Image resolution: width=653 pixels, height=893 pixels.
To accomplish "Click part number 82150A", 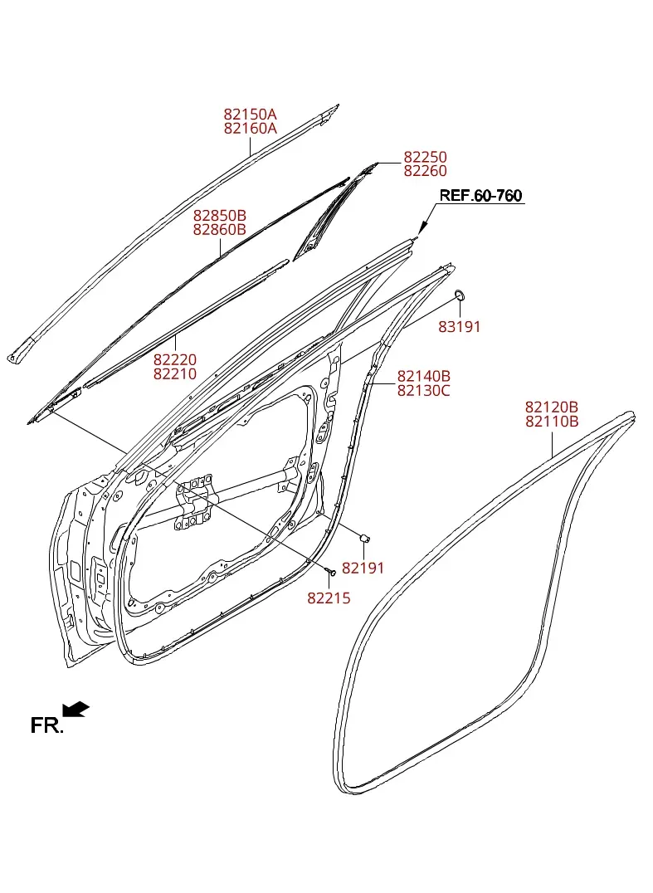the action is pyautogui.click(x=250, y=115).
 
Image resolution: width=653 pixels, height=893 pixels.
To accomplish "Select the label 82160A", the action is pyautogui.click(x=250, y=129).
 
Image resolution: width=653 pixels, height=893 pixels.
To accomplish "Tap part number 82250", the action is pyautogui.click(x=426, y=157).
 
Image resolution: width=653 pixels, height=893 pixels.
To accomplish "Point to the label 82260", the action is pyautogui.click(x=426, y=171).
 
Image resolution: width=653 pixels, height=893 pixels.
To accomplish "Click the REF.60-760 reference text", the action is pyautogui.click(x=480, y=195).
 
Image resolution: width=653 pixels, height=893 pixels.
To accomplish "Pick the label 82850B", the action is pyautogui.click(x=220, y=216).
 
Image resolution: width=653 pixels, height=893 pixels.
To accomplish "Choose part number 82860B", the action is pyautogui.click(x=220, y=230).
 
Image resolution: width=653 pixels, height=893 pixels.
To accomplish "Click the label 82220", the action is pyautogui.click(x=175, y=360).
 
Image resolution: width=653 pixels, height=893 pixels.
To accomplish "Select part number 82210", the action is pyautogui.click(x=175, y=374).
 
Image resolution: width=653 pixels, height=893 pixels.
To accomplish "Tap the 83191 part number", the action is pyautogui.click(x=460, y=327).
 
